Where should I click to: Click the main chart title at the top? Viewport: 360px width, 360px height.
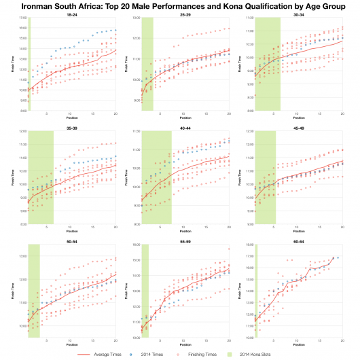tap(180, 5)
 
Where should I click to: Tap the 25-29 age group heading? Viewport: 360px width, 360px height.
tap(185, 14)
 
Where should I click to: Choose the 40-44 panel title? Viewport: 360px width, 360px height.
tap(185, 127)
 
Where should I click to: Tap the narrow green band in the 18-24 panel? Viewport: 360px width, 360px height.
tap(29, 65)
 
